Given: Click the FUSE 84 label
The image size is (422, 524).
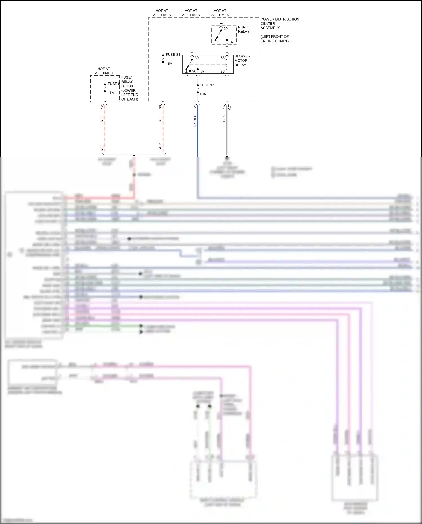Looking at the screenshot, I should tap(173, 55).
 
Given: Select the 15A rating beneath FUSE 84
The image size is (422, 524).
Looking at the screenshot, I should tap(169, 64).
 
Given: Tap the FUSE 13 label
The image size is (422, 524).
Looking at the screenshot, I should tap(207, 85).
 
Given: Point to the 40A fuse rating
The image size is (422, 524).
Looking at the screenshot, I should tap(203, 94).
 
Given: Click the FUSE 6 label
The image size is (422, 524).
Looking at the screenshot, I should tap(114, 84).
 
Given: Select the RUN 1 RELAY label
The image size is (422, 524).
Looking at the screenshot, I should tap(244, 29).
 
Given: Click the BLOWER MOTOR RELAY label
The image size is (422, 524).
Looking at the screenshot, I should tap(242, 61).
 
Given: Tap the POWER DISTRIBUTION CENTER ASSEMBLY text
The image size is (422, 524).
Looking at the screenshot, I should tap(280, 23).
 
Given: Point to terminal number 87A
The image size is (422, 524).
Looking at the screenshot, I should tap(192, 71).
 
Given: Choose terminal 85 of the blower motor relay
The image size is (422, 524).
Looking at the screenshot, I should tap(223, 58).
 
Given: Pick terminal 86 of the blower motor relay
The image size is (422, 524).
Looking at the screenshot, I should tap(223, 71).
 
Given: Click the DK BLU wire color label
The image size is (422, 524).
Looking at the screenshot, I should tap(195, 121).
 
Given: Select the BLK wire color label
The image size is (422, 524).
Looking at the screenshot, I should tap(224, 118).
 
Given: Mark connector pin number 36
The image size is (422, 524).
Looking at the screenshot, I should tap(160, 107).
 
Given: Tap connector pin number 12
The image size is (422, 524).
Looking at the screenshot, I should tap(102, 107).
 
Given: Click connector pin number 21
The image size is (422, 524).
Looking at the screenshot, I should tap(195, 106).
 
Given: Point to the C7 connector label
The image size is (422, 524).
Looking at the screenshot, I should tap(230, 107).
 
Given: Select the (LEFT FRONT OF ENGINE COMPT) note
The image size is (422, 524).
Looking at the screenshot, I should tap(275, 39).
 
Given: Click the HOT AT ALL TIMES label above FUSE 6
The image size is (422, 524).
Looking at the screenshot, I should tap(104, 71).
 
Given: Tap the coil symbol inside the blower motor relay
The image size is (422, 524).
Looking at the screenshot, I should tap(226, 64).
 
